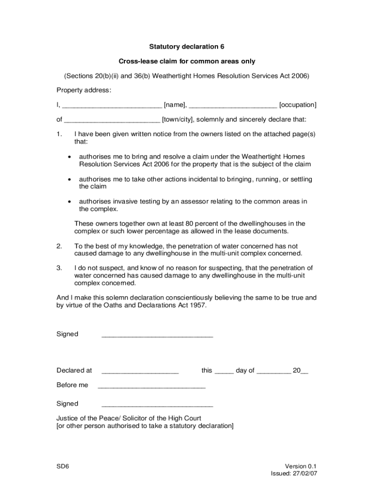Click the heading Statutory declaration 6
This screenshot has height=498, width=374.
point(187,47)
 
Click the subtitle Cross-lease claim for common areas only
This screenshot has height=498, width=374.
point(187,62)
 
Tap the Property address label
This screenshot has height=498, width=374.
point(84,90)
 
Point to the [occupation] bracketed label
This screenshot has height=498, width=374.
point(298,105)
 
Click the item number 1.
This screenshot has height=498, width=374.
point(59,134)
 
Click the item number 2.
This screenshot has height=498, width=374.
point(59,246)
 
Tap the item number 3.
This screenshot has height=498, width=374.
point(59,268)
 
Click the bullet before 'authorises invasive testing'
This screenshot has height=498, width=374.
point(70,202)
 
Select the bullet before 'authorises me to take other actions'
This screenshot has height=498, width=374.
point(70,180)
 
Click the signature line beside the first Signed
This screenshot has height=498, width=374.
point(157,336)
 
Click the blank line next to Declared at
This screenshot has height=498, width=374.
point(140,373)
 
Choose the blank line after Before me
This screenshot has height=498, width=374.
point(152,387)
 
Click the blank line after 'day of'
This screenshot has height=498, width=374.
point(273,373)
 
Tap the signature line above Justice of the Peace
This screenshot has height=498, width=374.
point(157,406)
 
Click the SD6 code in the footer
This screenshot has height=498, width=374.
point(63,466)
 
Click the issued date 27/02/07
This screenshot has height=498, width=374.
point(306,474)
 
